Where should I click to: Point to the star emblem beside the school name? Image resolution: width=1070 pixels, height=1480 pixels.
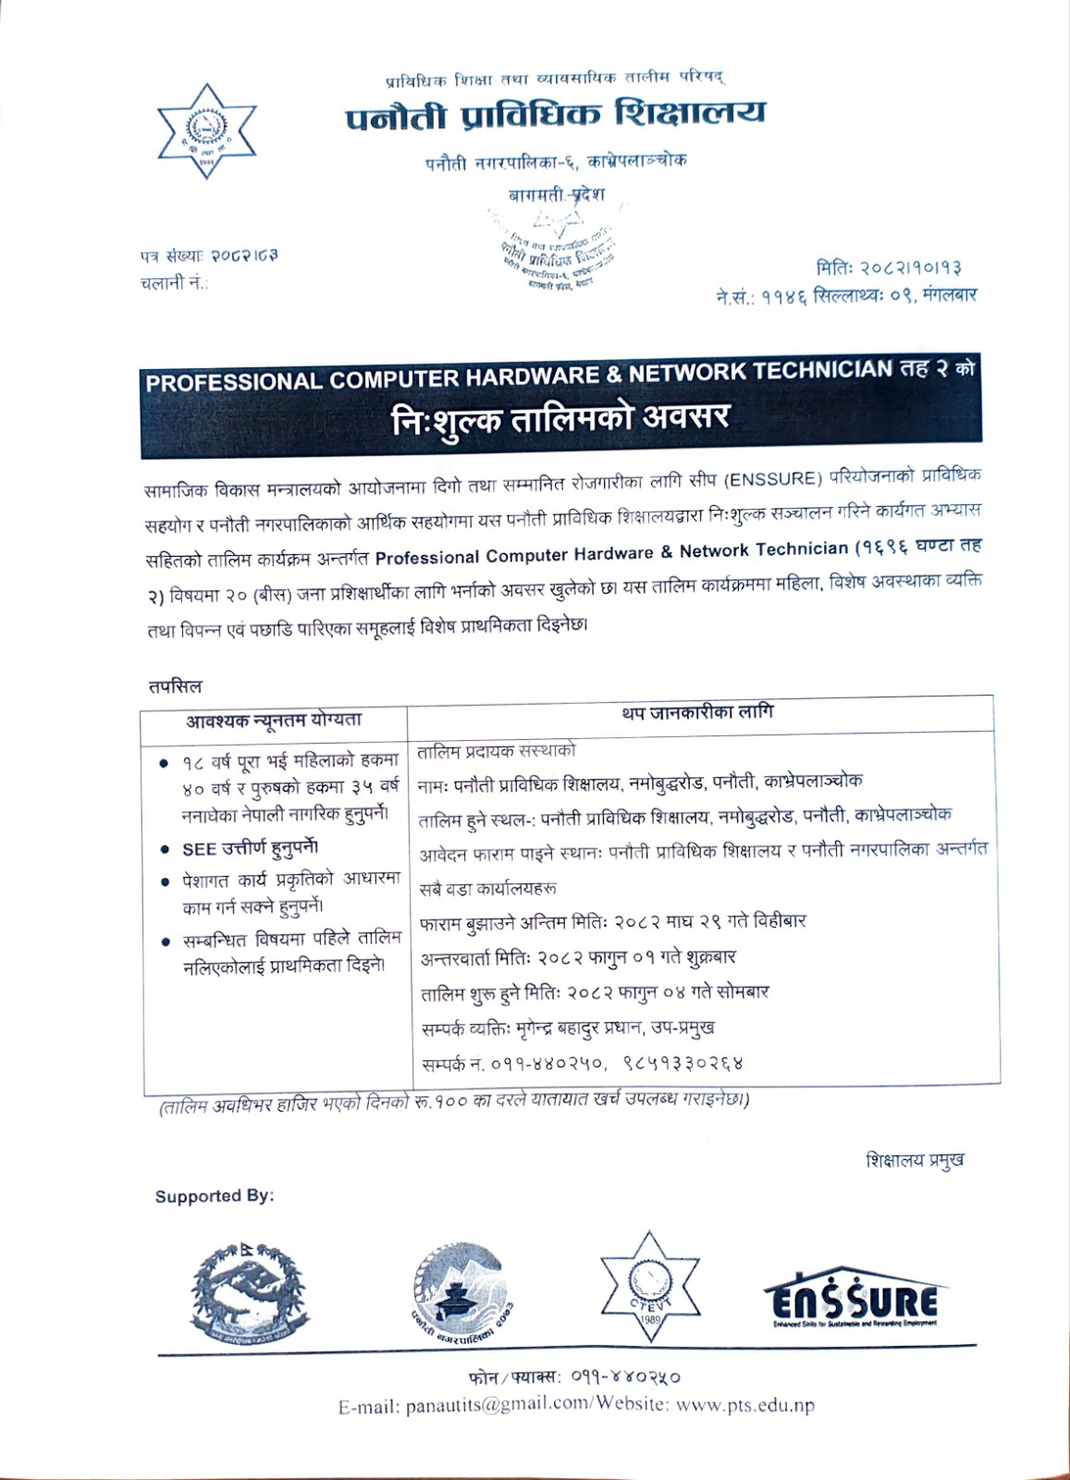click(x=204, y=130)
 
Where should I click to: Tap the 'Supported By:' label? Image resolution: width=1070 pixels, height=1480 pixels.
click(x=215, y=1196)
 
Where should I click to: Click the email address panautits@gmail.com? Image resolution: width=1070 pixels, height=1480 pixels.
click(x=493, y=1405)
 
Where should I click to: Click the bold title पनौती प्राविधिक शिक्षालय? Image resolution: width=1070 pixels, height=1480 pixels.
click(x=556, y=116)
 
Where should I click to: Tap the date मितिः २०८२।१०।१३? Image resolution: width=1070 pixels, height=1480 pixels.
click(x=889, y=268)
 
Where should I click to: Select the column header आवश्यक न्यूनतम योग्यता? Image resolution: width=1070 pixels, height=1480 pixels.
click(x=274, y=721)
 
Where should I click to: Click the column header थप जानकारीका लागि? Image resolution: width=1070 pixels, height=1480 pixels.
click(x=698, y=713)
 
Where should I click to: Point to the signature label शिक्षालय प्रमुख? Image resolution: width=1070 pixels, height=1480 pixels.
click(x=915, y=1160)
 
